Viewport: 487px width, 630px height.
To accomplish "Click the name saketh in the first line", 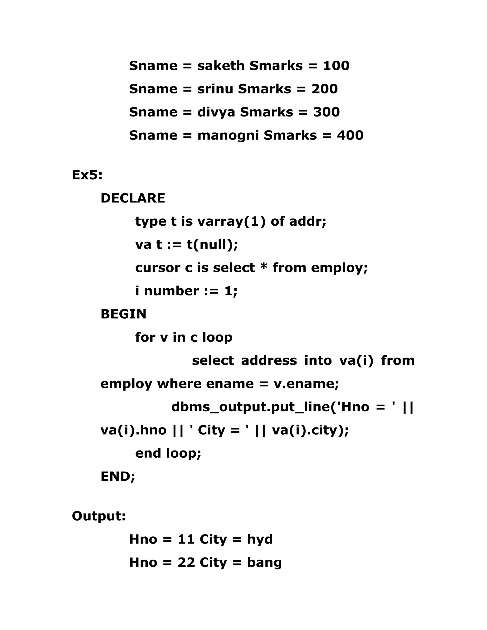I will [221, 66].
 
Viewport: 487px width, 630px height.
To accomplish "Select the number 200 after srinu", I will [324, 89].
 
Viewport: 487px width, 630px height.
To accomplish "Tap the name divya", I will [216, 112].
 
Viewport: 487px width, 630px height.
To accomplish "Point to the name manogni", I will [228, 136].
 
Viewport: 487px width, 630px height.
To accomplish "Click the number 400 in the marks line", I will [350, 135].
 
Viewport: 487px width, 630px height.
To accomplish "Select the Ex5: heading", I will [87, 175].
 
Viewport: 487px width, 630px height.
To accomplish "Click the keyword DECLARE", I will [133, 198].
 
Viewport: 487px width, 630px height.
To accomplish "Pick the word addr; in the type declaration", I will [307, 221].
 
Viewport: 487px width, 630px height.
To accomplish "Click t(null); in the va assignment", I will [212, 245].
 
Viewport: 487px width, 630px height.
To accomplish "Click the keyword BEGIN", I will [123, 314].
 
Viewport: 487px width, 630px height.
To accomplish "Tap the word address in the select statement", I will [269, 361].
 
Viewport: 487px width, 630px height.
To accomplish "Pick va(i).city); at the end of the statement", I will [310, 430].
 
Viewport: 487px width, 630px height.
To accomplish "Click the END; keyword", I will [118, 476].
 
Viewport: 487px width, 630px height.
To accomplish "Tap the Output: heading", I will [99, 516].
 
